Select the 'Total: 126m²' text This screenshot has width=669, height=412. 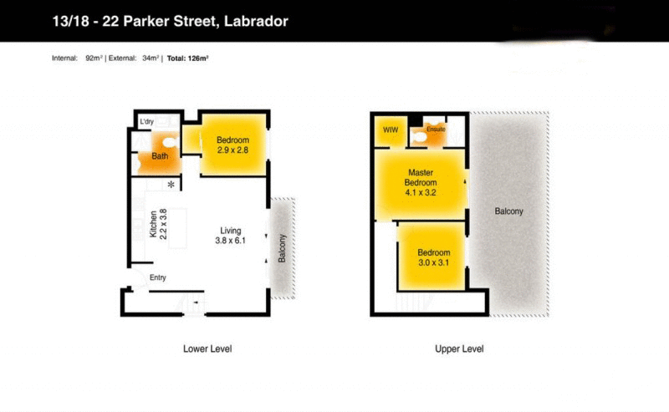[187, 58]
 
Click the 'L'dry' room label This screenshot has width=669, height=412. [147, 123]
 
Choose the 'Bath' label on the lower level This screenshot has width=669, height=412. [159, 156]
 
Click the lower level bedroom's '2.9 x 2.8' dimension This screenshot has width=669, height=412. [233, 150]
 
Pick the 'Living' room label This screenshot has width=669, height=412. [231, 231]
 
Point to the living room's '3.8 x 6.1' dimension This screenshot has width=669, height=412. [231, 242]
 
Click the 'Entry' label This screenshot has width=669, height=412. [158, 278]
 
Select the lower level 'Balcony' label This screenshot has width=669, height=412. [282, 247]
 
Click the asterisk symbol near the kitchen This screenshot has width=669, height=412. [171, 184]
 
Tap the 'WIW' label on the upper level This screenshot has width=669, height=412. [390, 130]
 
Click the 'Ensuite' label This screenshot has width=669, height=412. [436, 130]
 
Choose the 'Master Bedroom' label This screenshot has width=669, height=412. [421, 177]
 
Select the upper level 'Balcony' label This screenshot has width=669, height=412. [508, 211]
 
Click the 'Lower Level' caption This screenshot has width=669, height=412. [207, 348]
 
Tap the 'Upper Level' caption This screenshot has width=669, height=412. [459, 348]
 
